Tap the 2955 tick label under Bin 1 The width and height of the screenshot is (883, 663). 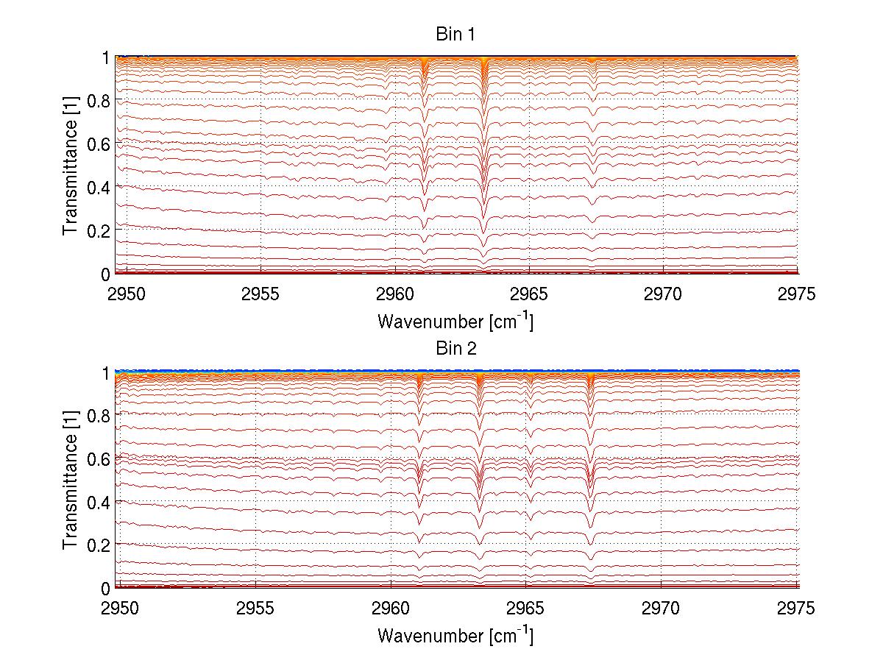[261, 294]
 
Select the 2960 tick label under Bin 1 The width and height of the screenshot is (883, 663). [395, 294]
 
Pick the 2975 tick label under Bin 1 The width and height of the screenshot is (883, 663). [797, 294]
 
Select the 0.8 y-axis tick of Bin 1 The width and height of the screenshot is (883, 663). [98, 101]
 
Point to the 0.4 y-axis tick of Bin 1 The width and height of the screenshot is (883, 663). [98, 187]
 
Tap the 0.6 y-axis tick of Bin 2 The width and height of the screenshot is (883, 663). [98, 458]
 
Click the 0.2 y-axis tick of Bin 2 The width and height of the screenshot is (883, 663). [98, 545]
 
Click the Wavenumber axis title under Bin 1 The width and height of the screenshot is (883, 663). [455, 322]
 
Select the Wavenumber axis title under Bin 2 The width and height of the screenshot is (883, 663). [455, 635]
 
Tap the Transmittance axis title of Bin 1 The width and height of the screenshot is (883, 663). [70, 164]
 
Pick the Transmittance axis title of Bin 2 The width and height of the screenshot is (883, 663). [70, 479]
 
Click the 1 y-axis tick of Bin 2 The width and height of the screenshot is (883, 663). [105, 372]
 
